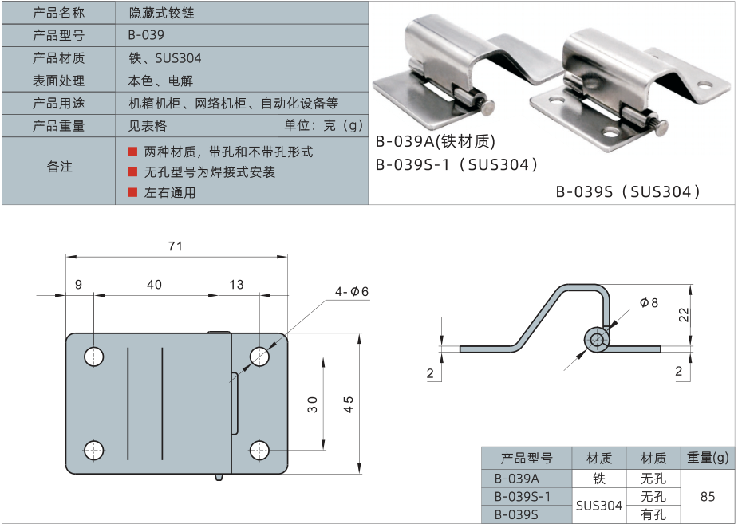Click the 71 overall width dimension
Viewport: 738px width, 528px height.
(176, 246)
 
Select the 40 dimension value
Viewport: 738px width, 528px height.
(154, 285)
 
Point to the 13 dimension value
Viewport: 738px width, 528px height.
(237, 285)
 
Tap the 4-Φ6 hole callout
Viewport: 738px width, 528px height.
(352, 292)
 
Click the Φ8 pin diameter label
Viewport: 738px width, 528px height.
(649, 303)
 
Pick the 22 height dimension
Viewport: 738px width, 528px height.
(683, 314)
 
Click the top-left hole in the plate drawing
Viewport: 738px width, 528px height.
(95, 357)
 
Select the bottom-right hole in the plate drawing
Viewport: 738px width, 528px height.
(259, 450)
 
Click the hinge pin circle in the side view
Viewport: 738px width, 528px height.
(595, 339)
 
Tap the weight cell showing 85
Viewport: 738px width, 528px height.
(707, 496)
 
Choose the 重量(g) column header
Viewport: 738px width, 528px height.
(708, 458)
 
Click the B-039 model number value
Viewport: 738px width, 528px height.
(146, 35)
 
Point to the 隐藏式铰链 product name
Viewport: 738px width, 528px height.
(161, 13)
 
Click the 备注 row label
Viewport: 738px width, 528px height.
(59, 167)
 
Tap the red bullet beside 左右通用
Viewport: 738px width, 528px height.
(133, 192)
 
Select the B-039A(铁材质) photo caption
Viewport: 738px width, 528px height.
(436, 142)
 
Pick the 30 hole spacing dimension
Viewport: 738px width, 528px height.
(313, 404)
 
